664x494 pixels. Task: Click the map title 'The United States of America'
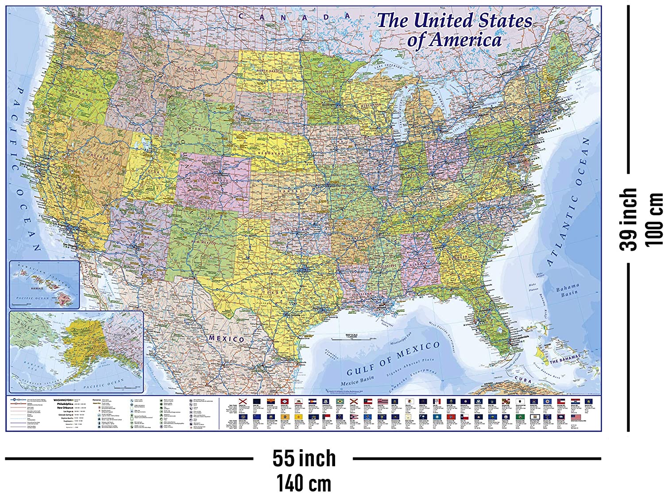coord(454,30)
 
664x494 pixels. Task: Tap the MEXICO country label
coord(226,338)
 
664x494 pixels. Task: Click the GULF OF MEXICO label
coord(393,359)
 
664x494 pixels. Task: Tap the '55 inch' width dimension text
coord(304,458)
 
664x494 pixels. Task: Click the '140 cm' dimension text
coord(304,482)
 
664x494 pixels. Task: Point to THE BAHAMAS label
coord(564,359)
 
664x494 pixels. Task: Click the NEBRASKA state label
coord(270,153)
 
